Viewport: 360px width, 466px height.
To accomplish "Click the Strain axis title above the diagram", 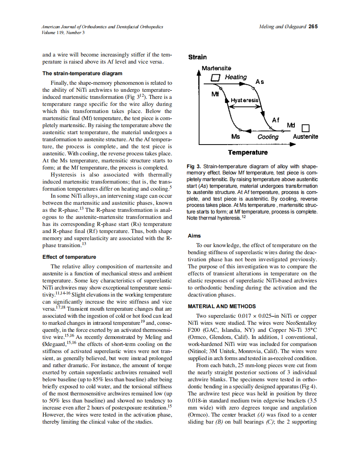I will (197, 57).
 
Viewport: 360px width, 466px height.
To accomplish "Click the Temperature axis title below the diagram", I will (247, 152).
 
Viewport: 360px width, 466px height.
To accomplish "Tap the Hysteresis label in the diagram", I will (244, 101).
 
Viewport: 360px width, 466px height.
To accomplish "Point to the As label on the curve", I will (259, 82).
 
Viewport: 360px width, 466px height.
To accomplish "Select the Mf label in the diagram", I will (215, 94).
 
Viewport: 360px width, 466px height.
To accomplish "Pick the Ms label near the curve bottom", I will (235, 137).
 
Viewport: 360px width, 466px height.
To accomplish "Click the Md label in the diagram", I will (291, 125).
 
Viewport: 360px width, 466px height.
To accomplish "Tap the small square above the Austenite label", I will (306, 128).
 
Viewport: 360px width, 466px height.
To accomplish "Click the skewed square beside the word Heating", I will (215, 78).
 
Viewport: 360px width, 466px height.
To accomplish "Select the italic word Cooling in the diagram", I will (268, 137).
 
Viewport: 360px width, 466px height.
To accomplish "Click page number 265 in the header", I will (313, 27).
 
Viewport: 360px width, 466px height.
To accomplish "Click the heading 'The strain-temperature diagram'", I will (82, 74).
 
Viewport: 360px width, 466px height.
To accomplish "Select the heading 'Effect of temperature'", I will (69, 257).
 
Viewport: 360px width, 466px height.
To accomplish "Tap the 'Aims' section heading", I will (194, 235).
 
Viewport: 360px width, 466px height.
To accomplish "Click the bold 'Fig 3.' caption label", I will (194, 166).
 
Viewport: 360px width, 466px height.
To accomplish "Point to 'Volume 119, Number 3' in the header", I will (64, 32).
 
